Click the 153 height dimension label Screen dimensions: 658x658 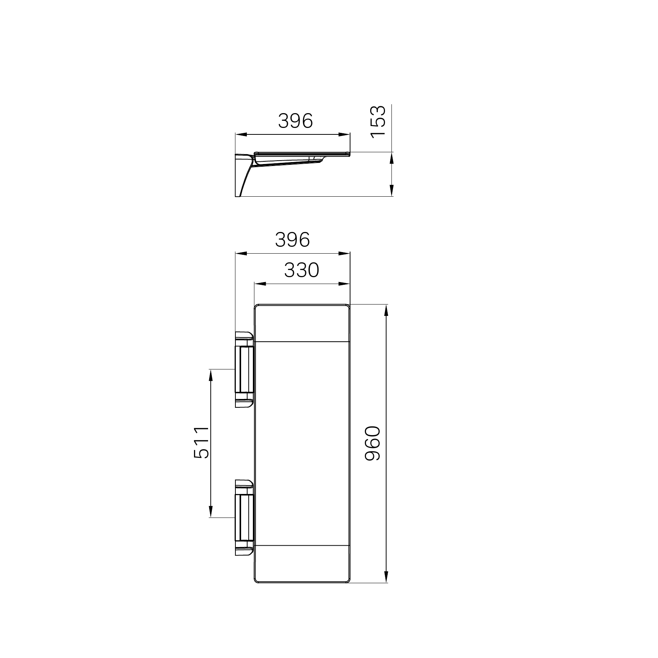click(x=378, y=122)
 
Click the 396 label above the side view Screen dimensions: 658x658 click(x=295, y=121)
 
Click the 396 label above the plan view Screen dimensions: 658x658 click(x=292, y=240)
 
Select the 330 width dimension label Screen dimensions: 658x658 click(x=302, y=270)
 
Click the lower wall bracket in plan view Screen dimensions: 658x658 click(x=244, y=518)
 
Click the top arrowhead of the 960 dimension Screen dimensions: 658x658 click(x=387, y=310)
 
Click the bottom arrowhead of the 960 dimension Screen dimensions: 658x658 click(x=387, y=587)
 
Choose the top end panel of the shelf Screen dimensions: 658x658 click(x=302, y=323)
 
